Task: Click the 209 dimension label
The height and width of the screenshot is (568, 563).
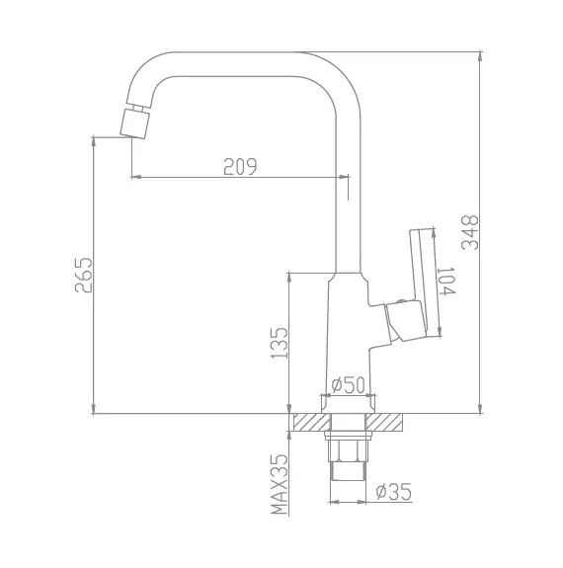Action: (240, 166)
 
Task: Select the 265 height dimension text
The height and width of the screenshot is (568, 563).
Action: (84, 275)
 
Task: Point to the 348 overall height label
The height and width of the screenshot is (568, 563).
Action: (470, 232)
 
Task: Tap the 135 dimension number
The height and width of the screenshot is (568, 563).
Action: (280, 343)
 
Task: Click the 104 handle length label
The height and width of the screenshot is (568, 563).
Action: (446, 282)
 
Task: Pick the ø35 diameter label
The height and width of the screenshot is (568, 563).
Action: (394, 491)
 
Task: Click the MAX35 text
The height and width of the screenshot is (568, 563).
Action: (280, 484)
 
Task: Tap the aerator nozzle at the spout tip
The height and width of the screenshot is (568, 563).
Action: (134, 122)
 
